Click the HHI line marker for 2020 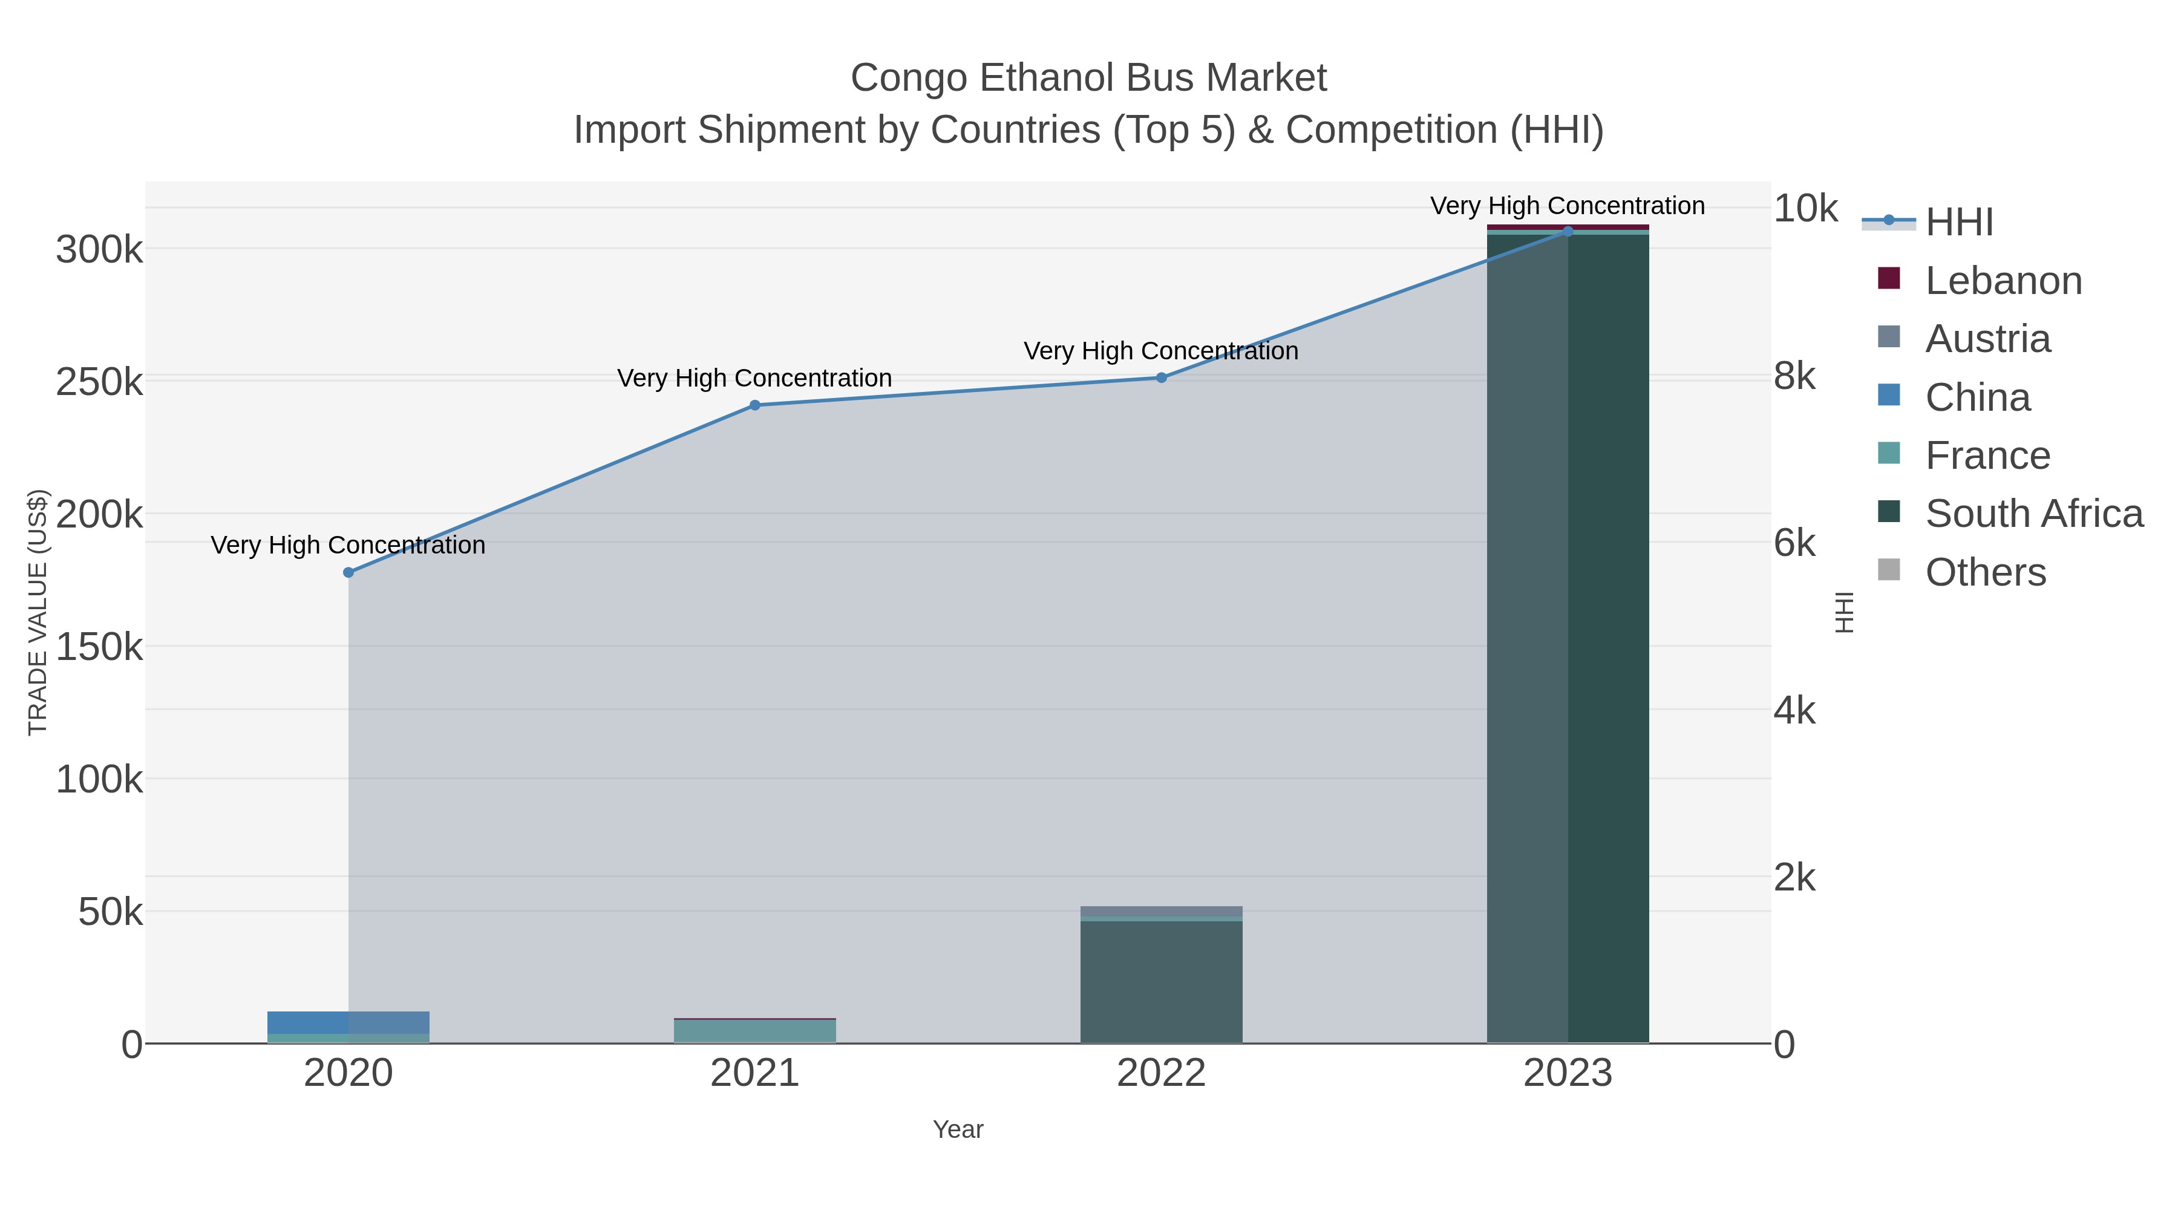click(x=348, y=572)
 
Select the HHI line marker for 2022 click(x=1161, y=378)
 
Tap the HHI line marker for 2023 click(x=1568, y=232)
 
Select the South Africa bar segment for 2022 click(x=1161, y=981)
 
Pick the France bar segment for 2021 click(x=755, y=1031)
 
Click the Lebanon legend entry click(x=2003, y=281)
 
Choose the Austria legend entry click(x=1987, y=339)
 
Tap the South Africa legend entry click(x=2033, y=514)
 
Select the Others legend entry click(x=1985, y=572)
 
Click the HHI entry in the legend click(x=1959, y=223)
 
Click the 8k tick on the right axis click(x=1794, y=377)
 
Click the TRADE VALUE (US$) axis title click(x=38, y=612)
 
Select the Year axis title click(x=958, y=1129)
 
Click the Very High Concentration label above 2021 click(x=754, y=378)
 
